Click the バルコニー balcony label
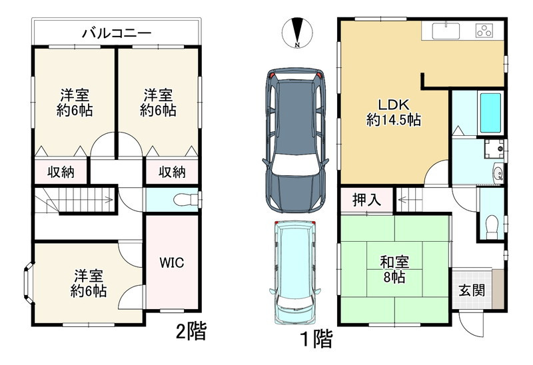(117, 32)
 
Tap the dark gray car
(294, 139)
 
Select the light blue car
(294, 272)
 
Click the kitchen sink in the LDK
(445, 30)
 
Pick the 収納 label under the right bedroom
(171, 172)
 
